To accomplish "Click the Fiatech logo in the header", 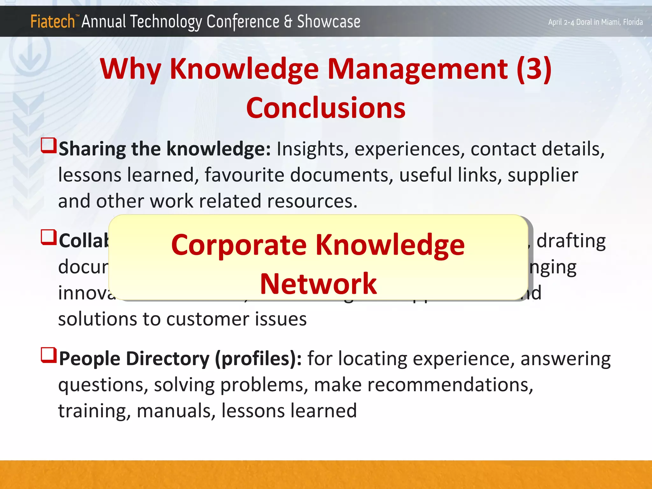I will tap(53, 22).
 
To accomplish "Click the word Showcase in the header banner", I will tap(329, 22).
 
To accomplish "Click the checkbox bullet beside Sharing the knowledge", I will tap(49, 145).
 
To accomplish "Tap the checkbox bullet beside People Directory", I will tap(49, 355).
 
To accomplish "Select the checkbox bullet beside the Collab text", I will tap(49, 237).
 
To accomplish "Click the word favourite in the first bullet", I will tap(244, 175).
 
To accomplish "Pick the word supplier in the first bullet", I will tap(542, 175).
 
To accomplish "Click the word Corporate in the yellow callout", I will tap(239, 245).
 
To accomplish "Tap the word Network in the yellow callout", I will tap(318, 284).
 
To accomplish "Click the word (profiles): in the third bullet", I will tap(258, 359).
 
